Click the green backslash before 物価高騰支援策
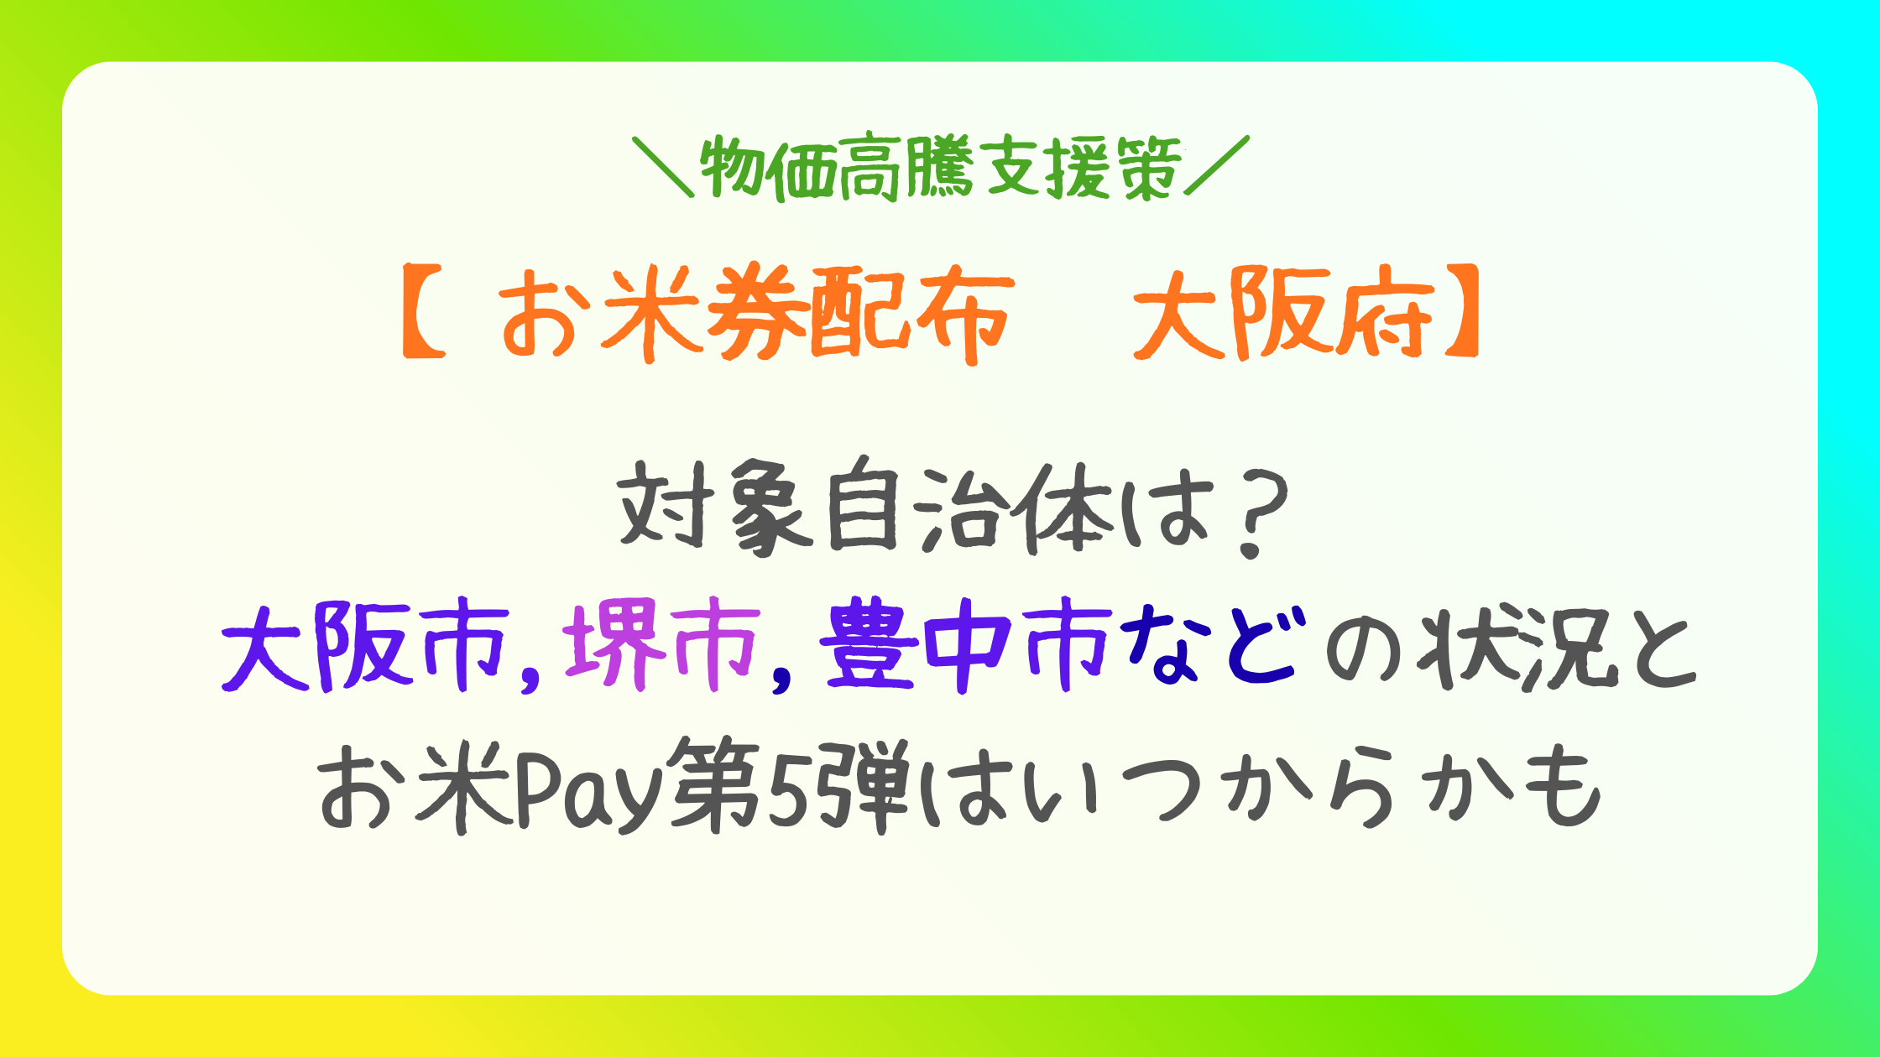tap(664, 167)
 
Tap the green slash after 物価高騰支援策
tap(1217, 165)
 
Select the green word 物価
tap(769, 169)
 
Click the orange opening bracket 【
tap(425, 313)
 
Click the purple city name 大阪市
tap(365, 645)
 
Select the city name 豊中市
tap(965, 645)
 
